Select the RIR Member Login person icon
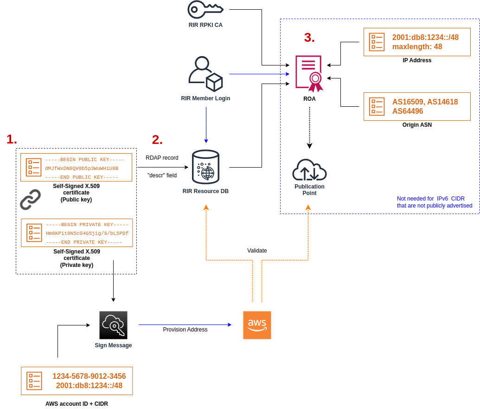pyautogui.click(x=205, y=74)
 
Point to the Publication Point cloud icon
pyautogui.click(x=309, y=170)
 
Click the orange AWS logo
pyautogui.click(x=257, y=325)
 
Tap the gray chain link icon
pyautogui.click(x=30, y=200)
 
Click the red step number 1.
pyautogui.click(x=12, y=139)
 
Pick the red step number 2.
pyautogui.click(x=157, y=140)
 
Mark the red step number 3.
pyautogui.click(x=309, y=38)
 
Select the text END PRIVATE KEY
pyautogui.click(x=84, y=242)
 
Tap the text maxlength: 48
pyautogui.click(x=417, y=46)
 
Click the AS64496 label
pyautogui.click(x=408, y=111)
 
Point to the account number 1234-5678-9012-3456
pyautogui.click(x=89, y=376)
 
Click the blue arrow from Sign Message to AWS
pyautogui.click(x=186, y=325)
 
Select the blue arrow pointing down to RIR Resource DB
pyautogui.click(x=205, y=125)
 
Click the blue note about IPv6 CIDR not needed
pyautogui.click(x=434, y=202)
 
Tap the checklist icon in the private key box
pyautogui.click(x=34, y=233)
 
